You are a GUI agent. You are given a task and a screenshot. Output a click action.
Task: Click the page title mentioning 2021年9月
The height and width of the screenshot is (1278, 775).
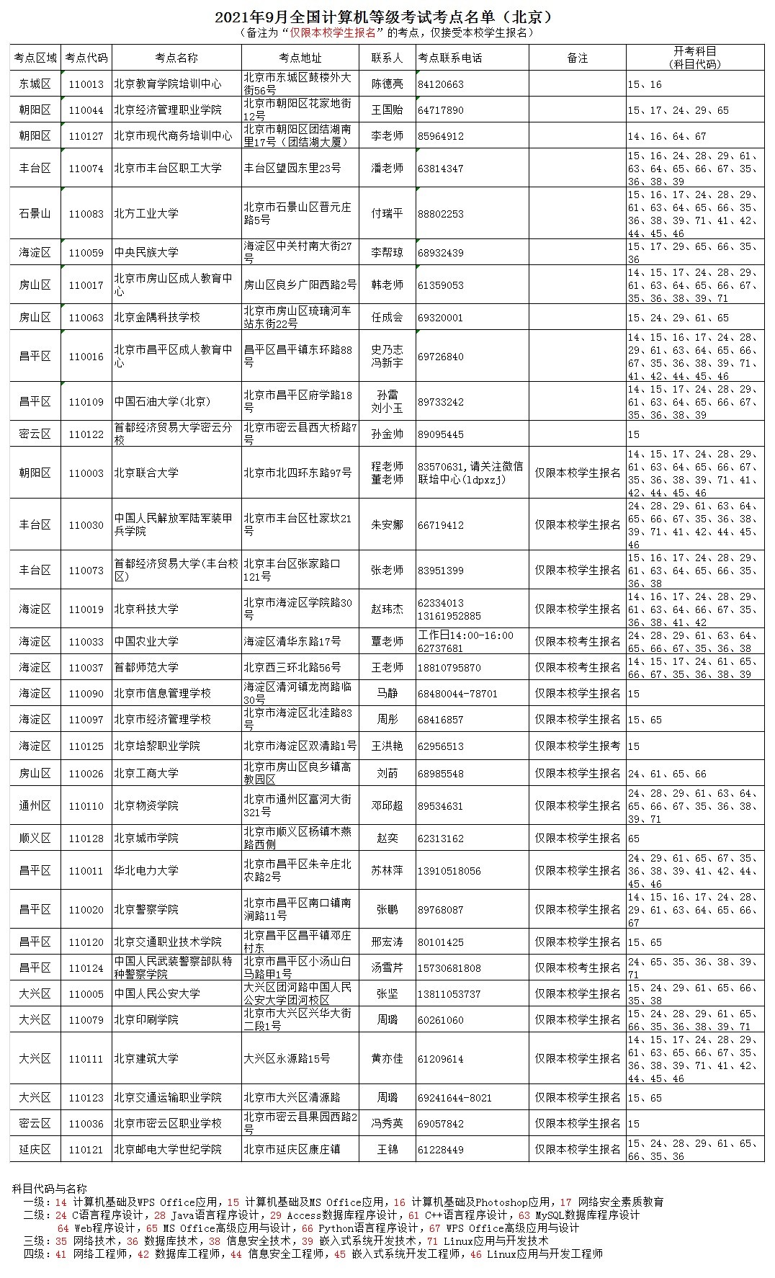click(x=387, y=17)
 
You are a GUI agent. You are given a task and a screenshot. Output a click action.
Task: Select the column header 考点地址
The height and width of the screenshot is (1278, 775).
click(x=300, y=58)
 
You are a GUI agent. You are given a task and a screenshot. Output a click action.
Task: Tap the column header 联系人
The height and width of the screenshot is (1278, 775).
click(x=387, y=58)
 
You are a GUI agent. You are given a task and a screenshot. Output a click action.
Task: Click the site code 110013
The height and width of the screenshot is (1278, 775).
click(x=86, y=84)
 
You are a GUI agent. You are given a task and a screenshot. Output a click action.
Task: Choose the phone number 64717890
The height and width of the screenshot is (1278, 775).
click(x=441, y=110)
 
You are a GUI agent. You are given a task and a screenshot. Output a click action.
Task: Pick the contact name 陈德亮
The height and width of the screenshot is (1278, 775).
click(x=387, y=84)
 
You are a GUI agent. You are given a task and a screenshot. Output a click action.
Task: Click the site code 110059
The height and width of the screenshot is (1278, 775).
click(x=86, y=253)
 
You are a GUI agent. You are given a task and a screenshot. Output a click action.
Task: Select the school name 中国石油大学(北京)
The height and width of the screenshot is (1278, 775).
click(x=162, y=402)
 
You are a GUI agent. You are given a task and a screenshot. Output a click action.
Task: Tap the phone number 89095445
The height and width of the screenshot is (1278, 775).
click(x=441, y=434)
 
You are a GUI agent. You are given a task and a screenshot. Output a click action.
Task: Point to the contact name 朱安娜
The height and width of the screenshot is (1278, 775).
click(x=387, y=525)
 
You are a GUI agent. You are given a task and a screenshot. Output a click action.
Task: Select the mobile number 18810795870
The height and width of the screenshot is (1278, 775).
click(x=449, y=668)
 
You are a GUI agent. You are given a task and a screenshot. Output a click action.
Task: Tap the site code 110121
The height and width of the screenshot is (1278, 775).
click(x=86, y=1150)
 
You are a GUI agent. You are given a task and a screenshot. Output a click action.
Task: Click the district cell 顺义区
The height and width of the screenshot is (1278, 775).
click(x=35, y=839)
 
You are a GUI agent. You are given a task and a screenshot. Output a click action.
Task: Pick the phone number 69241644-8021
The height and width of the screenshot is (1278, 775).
click(x=454, y=1098)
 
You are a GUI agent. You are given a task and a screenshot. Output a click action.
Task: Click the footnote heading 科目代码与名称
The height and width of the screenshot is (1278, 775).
click(x=50, y=1189)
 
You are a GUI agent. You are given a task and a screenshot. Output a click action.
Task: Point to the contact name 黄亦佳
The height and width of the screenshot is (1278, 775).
click(x=387, y=1059)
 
